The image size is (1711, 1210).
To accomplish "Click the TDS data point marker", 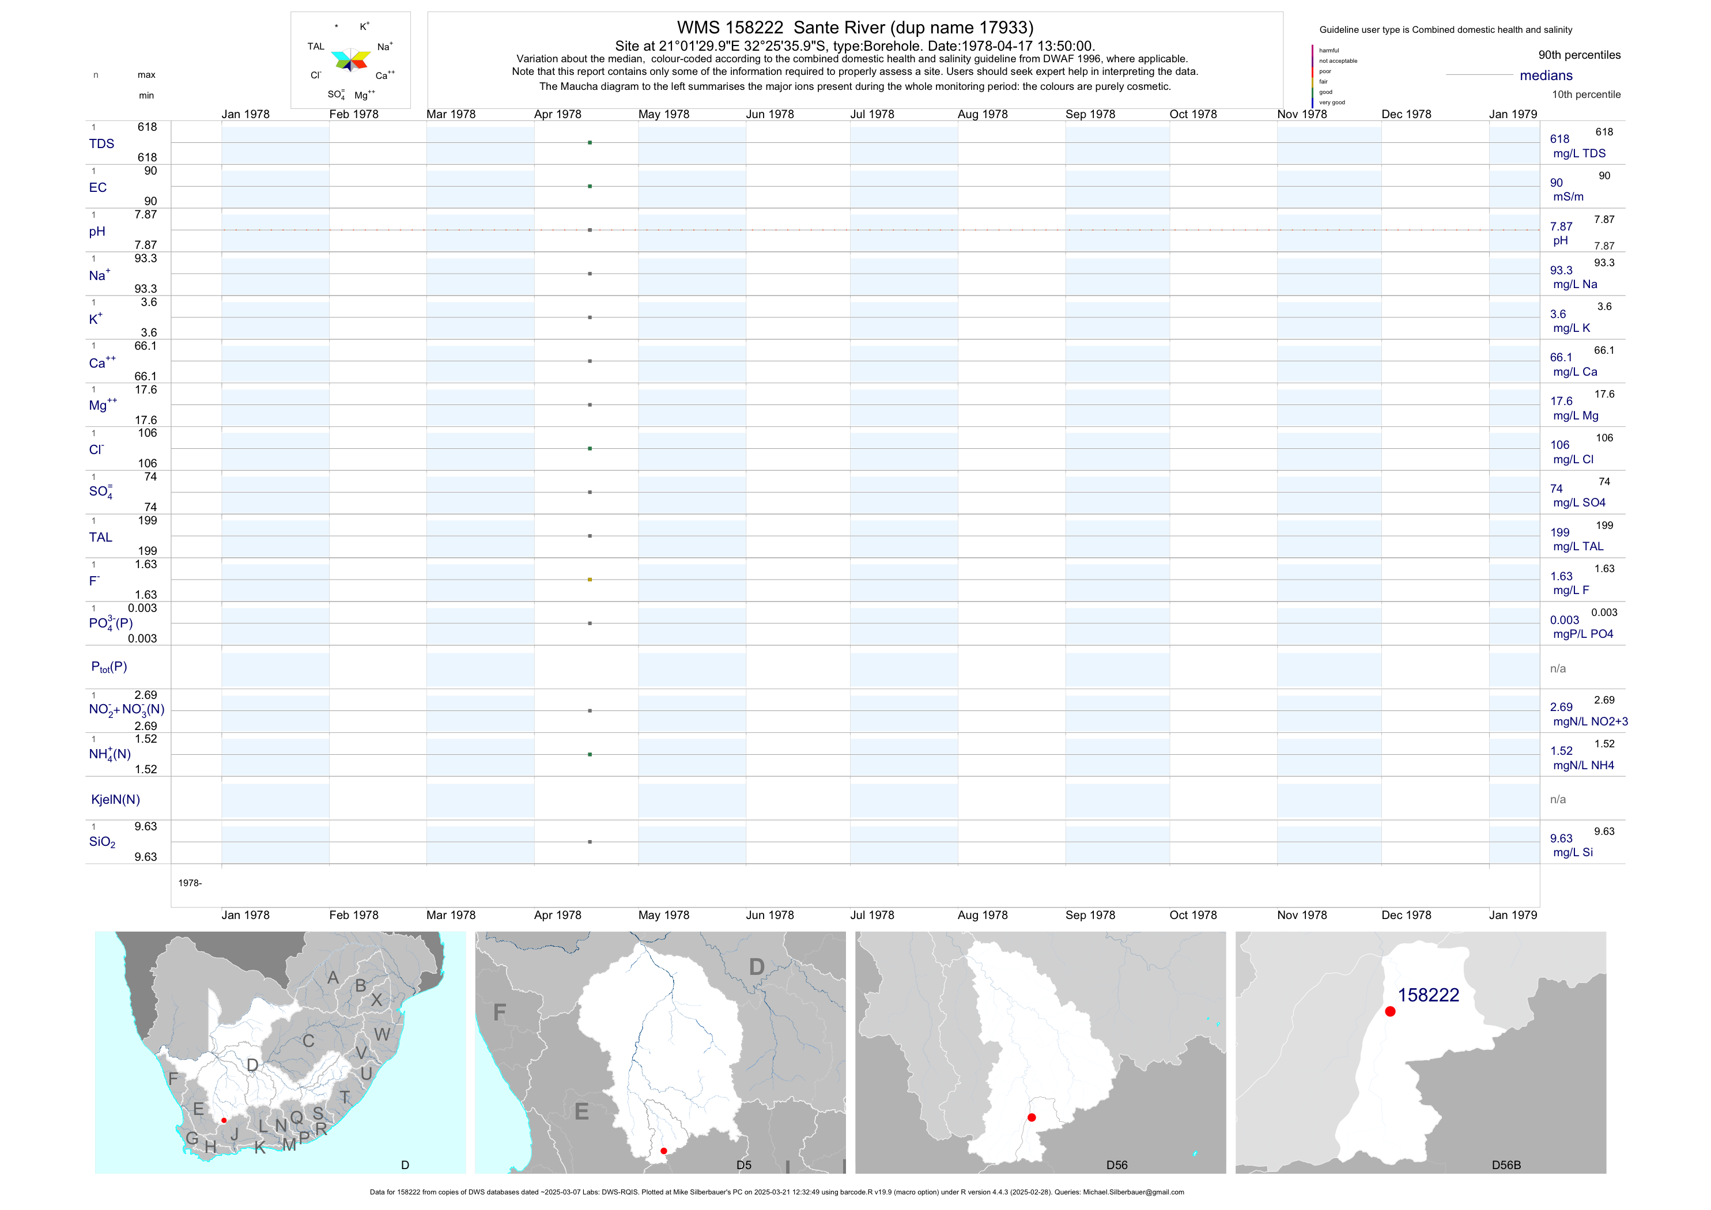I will tap(590, 142).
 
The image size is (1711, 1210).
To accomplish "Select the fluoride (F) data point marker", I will tap(590, 580).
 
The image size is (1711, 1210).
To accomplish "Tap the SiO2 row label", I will tap(102, 842).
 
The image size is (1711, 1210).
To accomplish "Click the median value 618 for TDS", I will tap(1559, 139).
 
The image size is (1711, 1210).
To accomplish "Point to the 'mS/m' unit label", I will tap(1568, 196).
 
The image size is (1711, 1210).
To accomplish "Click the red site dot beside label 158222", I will tap(1390, 1011).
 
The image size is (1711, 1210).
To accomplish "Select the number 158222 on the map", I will tap(1428, 996).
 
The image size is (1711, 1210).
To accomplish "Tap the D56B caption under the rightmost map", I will tap(1505, 1165).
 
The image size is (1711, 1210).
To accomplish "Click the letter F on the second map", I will tap(499, 1012).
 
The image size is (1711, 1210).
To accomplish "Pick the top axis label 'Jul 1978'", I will tap(872, 114).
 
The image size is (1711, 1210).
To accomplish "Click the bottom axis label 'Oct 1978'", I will tap(1192, 915).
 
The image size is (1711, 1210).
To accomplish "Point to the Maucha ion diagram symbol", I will tap(350, 59).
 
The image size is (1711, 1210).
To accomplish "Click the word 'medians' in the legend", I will tap(1546, 75).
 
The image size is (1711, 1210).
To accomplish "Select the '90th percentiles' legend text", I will tap(1579, 55).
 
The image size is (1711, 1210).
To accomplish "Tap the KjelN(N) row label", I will tap(115, 800).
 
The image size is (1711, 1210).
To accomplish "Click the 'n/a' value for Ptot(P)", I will tap(1558, 668).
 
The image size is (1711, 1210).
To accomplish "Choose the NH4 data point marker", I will tap(590, 755).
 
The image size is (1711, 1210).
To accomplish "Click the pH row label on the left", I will tap(97, 232).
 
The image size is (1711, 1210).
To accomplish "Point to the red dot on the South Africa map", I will tap(224, 1120).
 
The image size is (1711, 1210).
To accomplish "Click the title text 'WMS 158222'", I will tap(730, 28).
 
